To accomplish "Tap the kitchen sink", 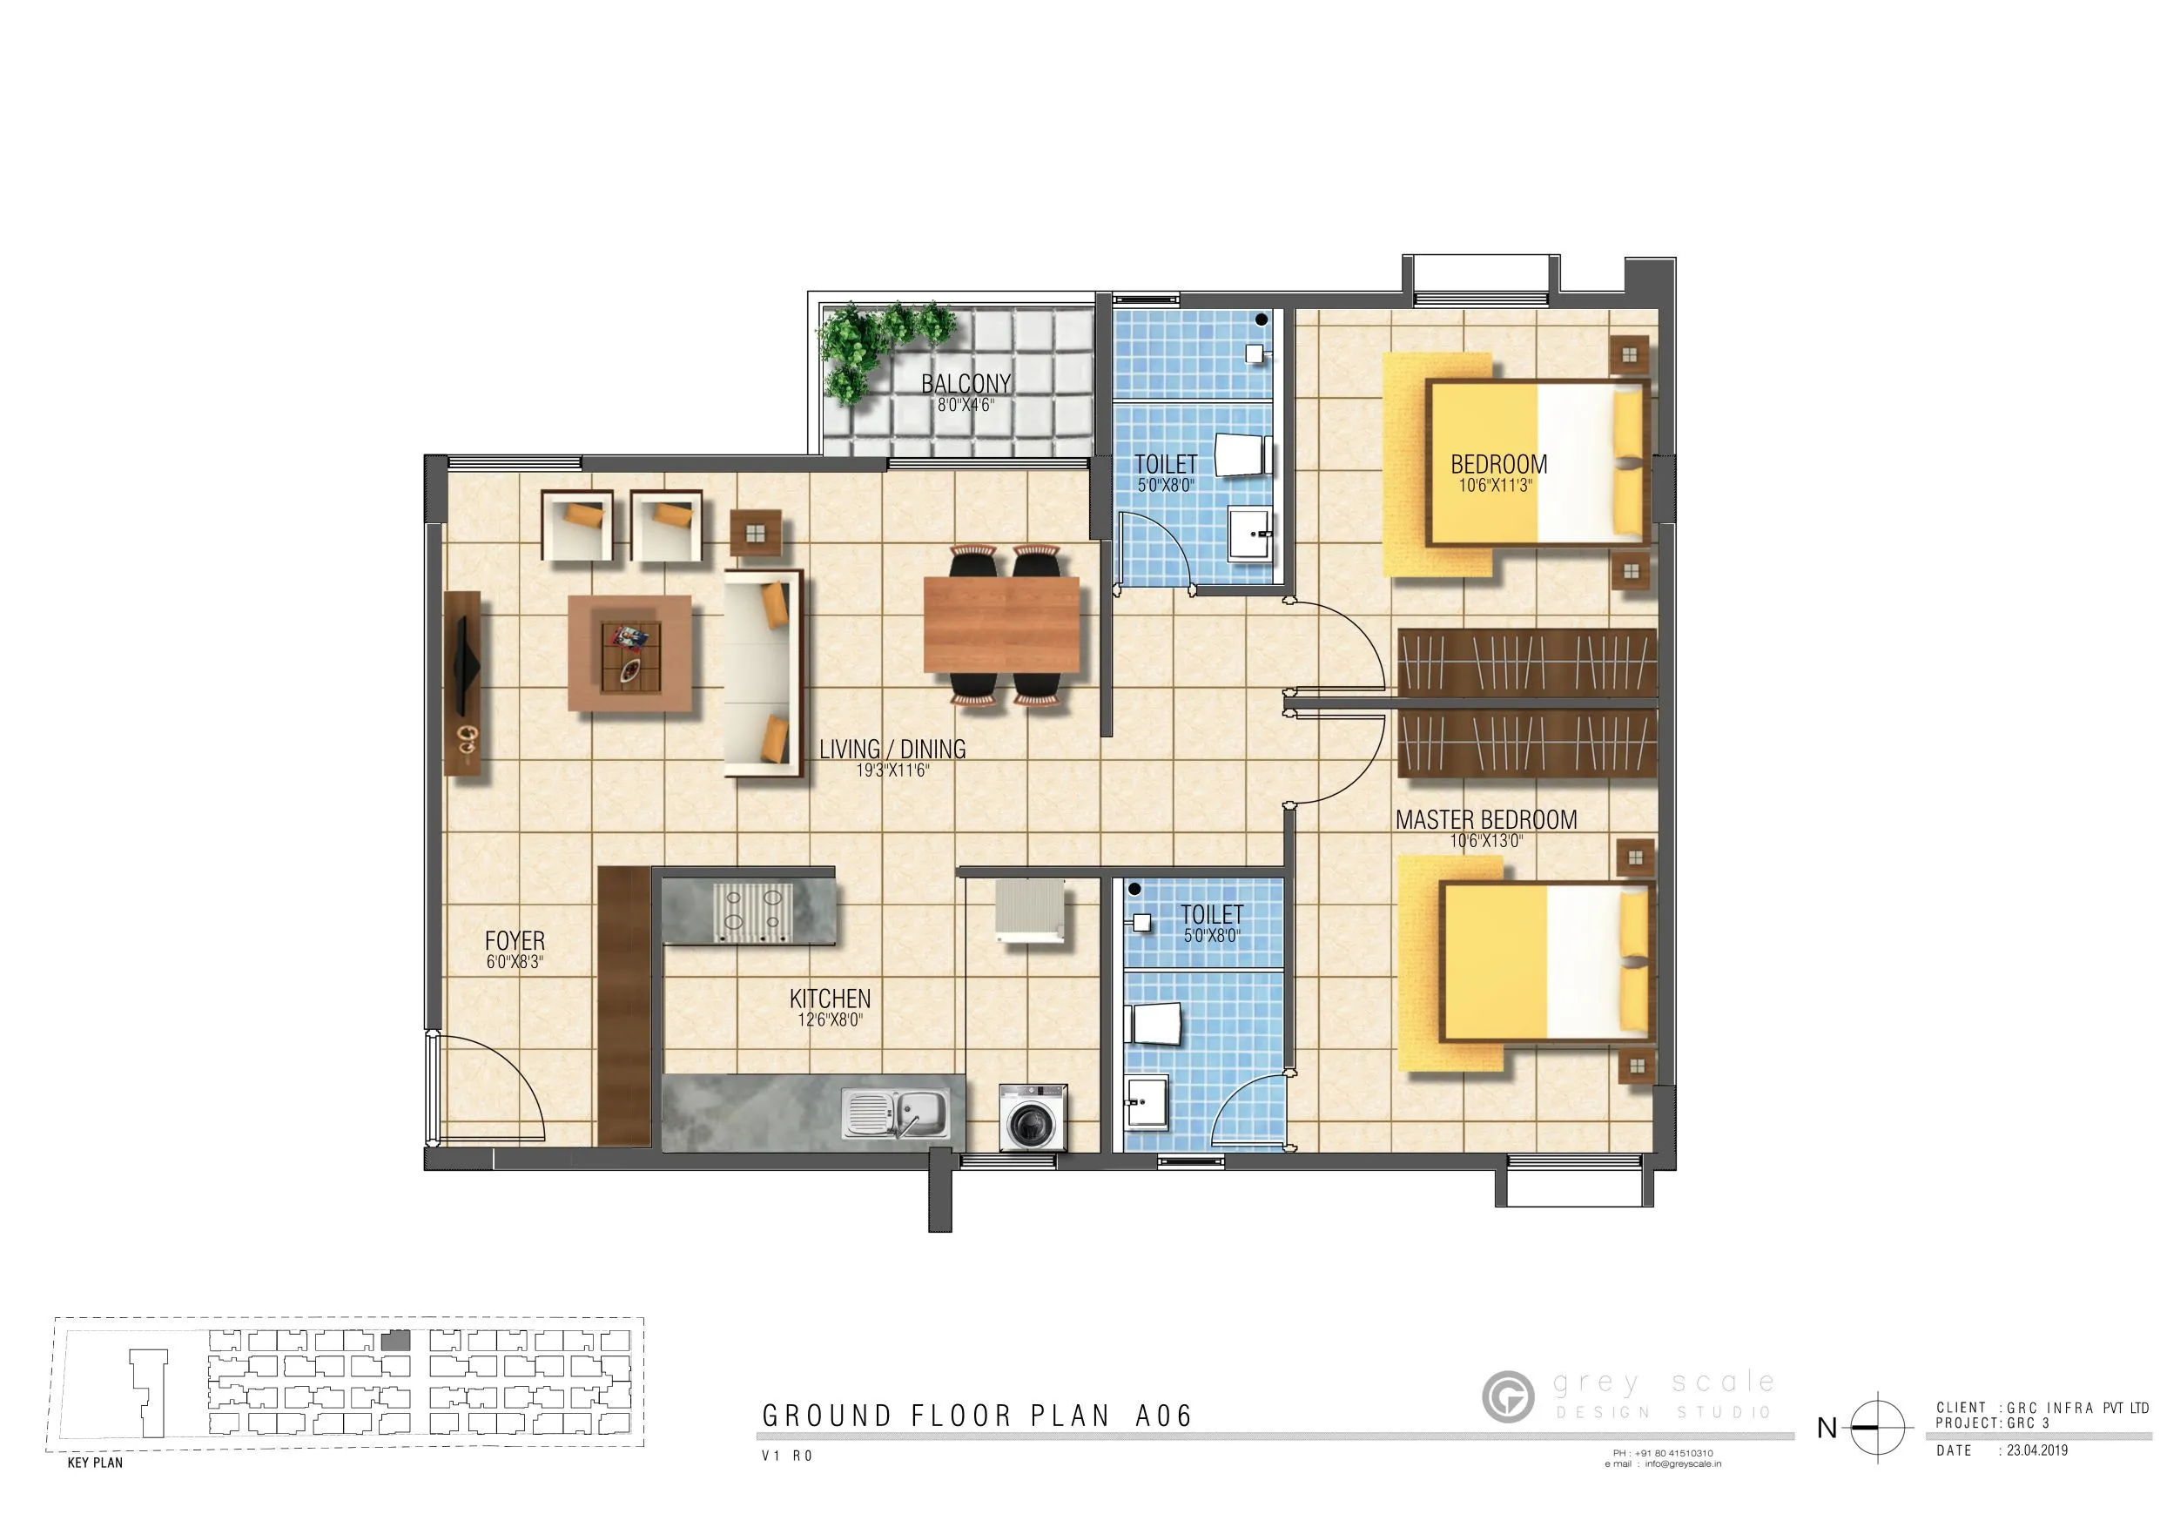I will coord(896,1113).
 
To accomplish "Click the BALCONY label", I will coord(966,384).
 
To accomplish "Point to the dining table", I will coord(1001,624).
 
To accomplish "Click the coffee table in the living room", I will coord(630,652).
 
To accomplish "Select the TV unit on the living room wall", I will coord(462,683).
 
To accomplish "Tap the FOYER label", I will coord(515,941).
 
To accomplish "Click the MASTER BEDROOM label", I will coord(1485,820).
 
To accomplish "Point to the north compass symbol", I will coord(1876,1427).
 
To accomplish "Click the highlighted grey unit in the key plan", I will coord(396,1341).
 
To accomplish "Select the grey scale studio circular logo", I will coord(1507,1396).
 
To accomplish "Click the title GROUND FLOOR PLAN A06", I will coord(977,1416).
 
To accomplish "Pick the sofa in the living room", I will coord(763,672).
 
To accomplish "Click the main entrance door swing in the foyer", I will coord(489,1086).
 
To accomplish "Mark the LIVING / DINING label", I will coord(892,750).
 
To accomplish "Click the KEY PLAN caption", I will coord(95,1463).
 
